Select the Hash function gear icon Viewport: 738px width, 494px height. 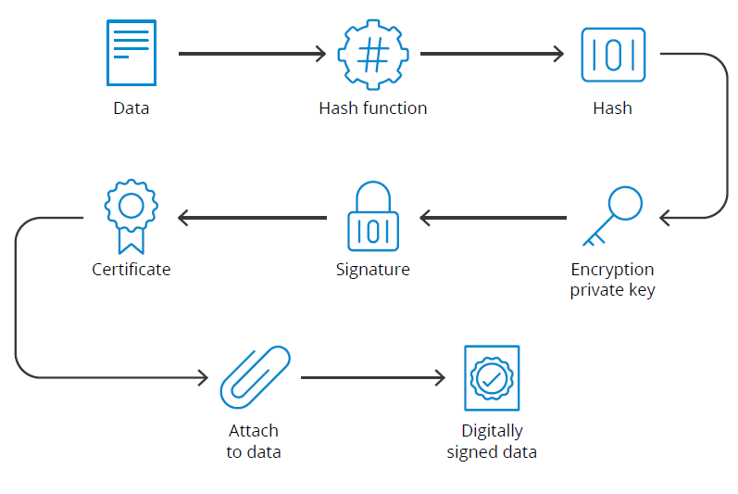(372, 55)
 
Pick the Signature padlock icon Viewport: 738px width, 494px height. (372, 217)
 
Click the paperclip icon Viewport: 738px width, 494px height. (254, 378)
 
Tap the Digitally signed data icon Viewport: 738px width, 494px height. (492, 378)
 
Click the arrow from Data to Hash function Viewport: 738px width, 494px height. (252, 54)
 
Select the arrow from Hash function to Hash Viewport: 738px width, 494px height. (492, 54)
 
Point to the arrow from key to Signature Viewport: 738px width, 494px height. (493, 218)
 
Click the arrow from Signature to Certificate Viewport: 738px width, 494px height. (252, 218)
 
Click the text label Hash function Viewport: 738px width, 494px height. (372, 108)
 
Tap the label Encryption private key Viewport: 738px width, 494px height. (612, 280)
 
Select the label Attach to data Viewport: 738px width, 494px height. (254, 441)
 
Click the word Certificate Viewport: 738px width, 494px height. (131, 270)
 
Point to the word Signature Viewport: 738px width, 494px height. (372, 270)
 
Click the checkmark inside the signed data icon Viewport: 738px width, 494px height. (492, 378)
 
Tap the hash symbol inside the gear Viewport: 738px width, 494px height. (372, 54)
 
